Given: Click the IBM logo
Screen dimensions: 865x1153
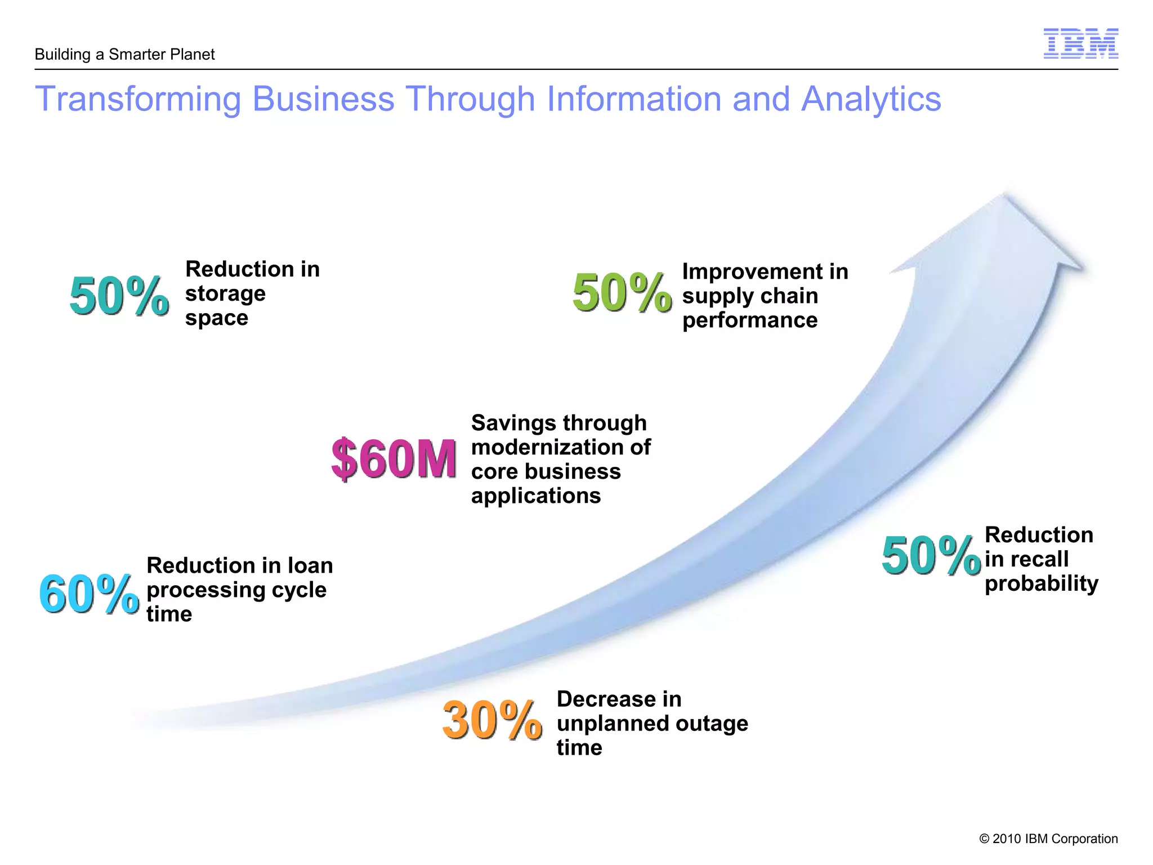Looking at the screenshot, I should coord(1080,43).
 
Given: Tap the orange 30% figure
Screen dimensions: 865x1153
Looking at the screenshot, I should coord(492,720).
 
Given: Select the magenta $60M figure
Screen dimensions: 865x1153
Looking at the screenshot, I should coord(394,459).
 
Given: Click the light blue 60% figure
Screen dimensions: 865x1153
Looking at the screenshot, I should coord(89,594).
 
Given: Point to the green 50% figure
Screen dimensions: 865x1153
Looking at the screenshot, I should coord(622,292).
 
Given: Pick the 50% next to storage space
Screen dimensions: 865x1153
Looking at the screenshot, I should coord(119,296).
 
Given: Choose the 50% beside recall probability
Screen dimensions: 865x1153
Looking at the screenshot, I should coord(931,556).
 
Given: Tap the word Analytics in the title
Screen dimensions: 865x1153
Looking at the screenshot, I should coord(871,99).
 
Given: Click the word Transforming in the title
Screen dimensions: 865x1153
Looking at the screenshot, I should coord(138,99).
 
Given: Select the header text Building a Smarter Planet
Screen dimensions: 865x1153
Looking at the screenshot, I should coord(124,55).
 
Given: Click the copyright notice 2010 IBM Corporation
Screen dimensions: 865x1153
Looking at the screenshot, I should coord(1048,839).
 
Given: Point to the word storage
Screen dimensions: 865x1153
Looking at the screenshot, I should coord(225,294).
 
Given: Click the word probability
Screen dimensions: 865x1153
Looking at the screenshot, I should coord(1042,583).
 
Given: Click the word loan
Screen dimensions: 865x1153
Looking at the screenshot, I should coord(310,565).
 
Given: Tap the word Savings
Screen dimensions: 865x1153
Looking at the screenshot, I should coord(514,423).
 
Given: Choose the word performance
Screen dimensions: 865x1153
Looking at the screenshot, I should coord(750,320).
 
